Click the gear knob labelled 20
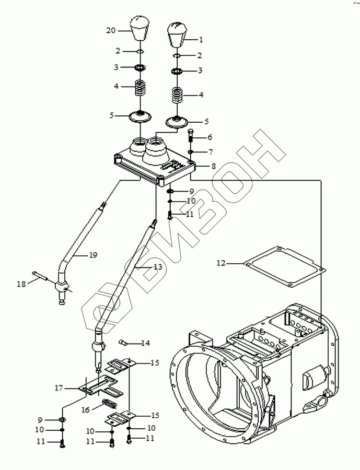pyautogui.click(x=140, y=29)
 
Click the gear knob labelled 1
pyautogui.click(x=177, y=34)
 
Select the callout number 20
pyautogui.click(x=111, y=30)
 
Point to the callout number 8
pyautogui.click(x=213, y=166)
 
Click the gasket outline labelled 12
pyautogui.click(x=285, y=266)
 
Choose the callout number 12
pyautogui.click(x=221, y=263)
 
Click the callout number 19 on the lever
pyautogui.click(x=93, y=255)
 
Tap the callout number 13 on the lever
pyautogui.click(x=157, y=266)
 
